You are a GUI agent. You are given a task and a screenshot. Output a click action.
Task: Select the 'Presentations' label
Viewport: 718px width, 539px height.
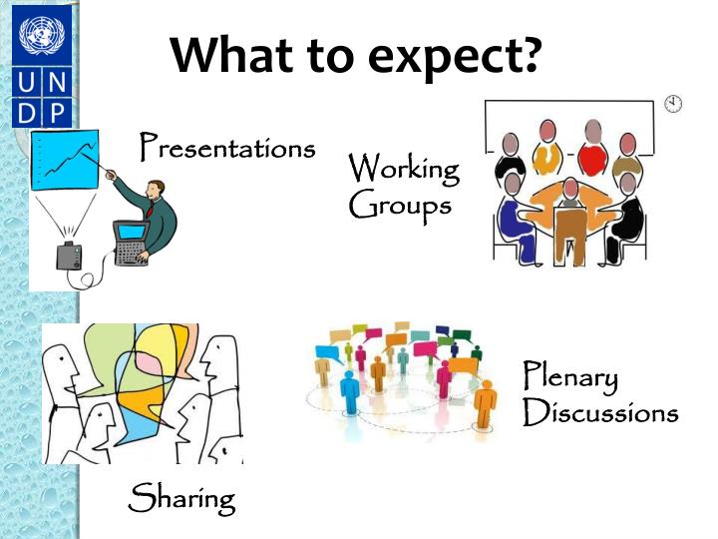(227, 148)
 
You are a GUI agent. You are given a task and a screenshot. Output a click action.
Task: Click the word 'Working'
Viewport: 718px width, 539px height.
(404, 169)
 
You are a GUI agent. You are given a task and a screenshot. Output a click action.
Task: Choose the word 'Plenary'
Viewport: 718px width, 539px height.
(570, 378)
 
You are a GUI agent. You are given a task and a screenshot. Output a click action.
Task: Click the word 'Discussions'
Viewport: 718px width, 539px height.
(600, 412)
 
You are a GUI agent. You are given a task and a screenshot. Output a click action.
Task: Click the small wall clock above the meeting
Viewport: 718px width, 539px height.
(674, 104)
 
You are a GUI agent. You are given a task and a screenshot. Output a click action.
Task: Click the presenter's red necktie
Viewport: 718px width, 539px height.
(150, 211)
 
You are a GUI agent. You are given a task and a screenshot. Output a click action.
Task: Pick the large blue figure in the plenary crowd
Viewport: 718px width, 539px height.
(349, 389)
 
